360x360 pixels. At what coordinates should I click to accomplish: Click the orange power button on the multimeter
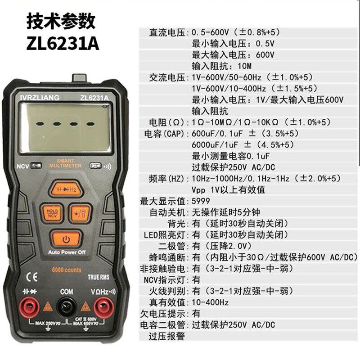pos(66,238)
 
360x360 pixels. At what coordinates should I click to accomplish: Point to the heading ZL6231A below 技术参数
pos(63,44)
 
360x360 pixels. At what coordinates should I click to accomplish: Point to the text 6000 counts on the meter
pos(66,270)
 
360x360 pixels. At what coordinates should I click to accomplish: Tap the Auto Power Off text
pos(67,252)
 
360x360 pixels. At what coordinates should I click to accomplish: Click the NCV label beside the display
pos(22,166)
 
